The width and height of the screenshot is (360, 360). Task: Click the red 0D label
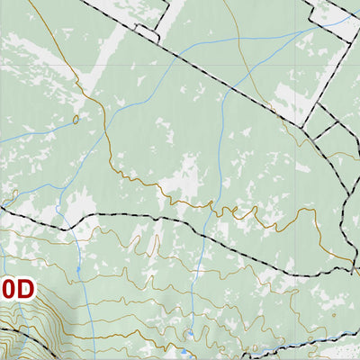(x=16, y=290)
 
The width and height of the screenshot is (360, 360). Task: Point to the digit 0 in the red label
(x=7, y=290)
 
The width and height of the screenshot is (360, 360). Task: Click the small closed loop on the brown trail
(x=76, y=118)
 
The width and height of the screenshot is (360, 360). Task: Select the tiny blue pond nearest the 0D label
(x=79, y=267)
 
